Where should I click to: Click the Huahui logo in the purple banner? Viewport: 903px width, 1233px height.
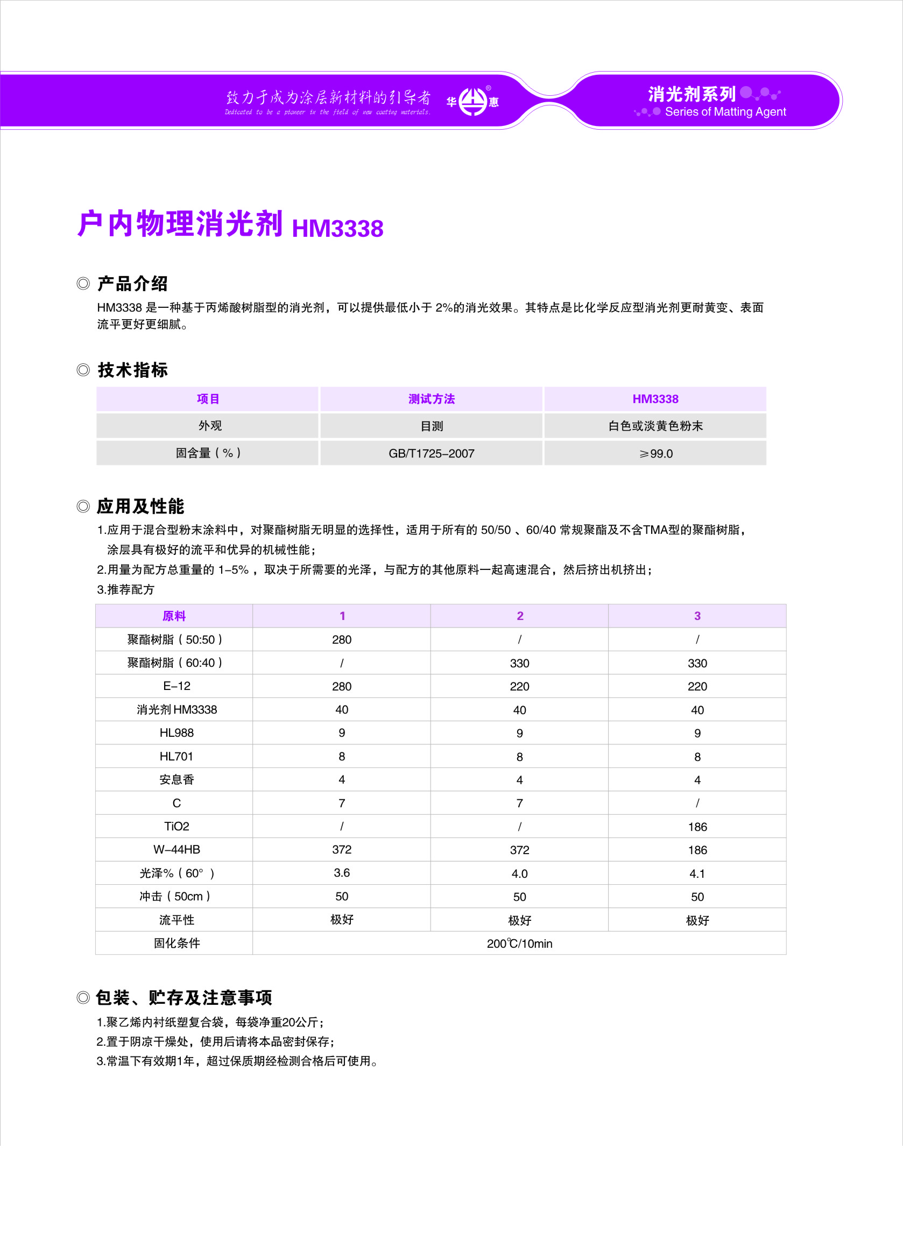[x=472, y=102]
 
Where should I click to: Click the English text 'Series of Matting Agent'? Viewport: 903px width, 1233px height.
[x=725, y=112]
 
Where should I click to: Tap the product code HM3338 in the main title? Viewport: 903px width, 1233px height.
[x=337, y=228]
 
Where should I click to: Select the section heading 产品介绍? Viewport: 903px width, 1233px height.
[x=132, y=284]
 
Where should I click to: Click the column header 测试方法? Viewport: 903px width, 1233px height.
[x=431, y=399]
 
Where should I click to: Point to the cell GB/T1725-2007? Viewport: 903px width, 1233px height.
[x=431, y=453]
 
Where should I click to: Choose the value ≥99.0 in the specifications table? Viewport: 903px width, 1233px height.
[x=655, y=454]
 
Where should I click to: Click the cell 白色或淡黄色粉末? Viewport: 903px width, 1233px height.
[x=655, y=426]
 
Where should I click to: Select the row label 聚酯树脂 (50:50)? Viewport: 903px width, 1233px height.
[x=176, y=639]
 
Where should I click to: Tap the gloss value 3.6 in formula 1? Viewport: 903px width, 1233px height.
[x=342, y=873]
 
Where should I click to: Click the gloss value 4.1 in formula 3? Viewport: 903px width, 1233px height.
[x=697, y=873]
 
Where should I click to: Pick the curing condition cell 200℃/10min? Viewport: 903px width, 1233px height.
[x=519, y=943]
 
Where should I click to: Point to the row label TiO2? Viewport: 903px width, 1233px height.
[x=176, y=826]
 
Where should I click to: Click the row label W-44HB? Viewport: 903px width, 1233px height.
[x=176, y=849]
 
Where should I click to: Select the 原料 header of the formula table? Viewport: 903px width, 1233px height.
[x=174, y=616]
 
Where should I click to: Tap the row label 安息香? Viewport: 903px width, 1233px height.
[x=176, y=780]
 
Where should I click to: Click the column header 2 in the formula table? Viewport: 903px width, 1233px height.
[x=520, y=616]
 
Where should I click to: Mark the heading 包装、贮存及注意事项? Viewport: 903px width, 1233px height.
[x=184, y=997]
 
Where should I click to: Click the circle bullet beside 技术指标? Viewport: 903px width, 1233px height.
[x=83, y=370]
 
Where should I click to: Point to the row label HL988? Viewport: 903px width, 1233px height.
[x=176, y=733]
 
